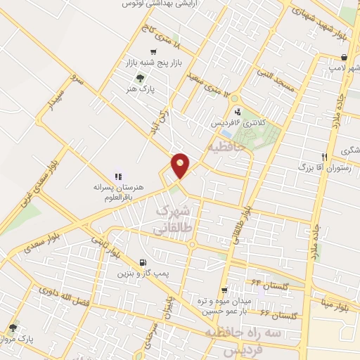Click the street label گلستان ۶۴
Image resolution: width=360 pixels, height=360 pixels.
(x=257, y=283)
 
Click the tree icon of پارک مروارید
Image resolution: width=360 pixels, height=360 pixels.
(x=13, y=327)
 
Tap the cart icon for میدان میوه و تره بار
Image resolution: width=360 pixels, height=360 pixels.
(x=224, y=290)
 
